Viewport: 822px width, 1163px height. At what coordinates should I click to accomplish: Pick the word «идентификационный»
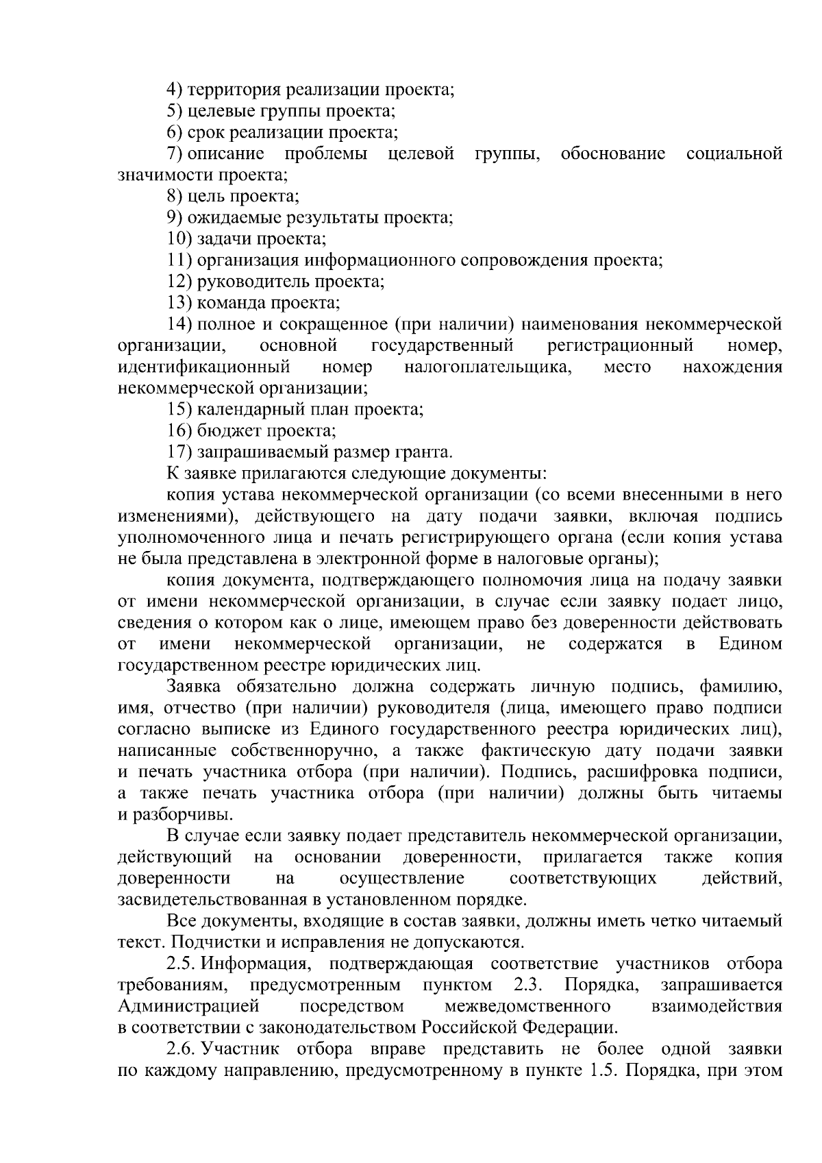(x=203, y=367)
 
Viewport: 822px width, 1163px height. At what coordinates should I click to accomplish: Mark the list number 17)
(x=179, y=452)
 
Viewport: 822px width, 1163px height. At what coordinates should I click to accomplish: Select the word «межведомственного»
(x=527, y=1007)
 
